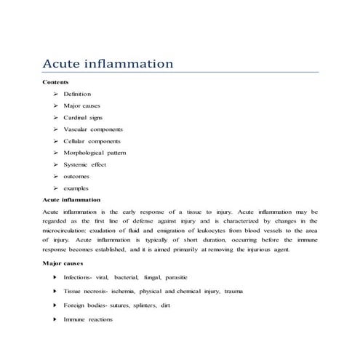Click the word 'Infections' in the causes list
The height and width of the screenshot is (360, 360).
(76, 278)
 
